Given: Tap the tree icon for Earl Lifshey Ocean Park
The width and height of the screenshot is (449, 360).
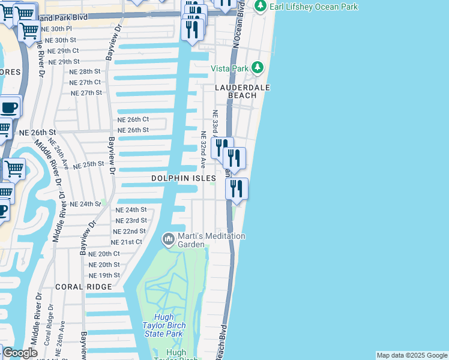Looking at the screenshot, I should coord(260,6).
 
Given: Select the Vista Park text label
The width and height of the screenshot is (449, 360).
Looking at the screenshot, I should coord(229,68).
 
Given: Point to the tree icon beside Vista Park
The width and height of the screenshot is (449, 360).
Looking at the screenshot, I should coord(258,67).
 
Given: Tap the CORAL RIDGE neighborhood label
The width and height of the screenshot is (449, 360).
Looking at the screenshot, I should coord(83,287).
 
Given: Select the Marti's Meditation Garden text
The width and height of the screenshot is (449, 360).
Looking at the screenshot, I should coord(211,240).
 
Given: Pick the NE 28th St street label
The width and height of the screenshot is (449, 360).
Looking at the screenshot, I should coord(85,71).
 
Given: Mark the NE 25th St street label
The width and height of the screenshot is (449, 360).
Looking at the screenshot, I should coord(89,164).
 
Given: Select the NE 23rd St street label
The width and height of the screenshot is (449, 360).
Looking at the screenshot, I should coord(131,220).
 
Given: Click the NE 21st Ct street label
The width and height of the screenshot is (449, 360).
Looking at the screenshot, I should coord(127,242).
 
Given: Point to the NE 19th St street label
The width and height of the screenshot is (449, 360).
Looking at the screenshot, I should coord(104,275).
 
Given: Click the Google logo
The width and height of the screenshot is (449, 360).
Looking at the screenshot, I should coord(20,353).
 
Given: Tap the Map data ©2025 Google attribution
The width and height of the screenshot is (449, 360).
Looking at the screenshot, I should coord(412,355).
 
